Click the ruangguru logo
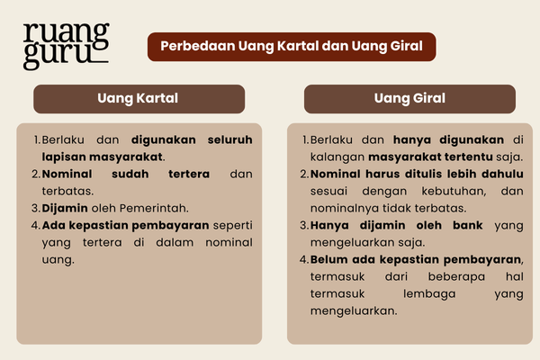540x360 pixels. click(x=65, y=43)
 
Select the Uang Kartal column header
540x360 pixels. click(x=139, y=97)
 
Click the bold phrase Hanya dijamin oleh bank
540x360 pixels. click(x=397, y=224)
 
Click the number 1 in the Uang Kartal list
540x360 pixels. click(x=38, y=140)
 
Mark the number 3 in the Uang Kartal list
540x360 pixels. click(x=37, y=207)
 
